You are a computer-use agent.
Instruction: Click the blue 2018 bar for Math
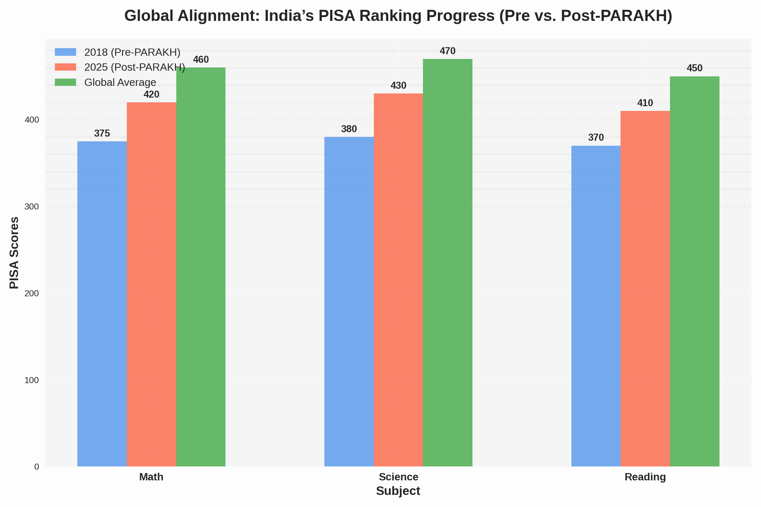click(x=102, y=304)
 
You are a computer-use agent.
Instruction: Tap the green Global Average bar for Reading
click(x=694, y=272)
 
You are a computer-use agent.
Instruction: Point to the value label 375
click(x=102, y=133)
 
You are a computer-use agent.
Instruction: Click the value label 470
click(x=447, y=51)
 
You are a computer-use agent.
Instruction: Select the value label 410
click(x=645, y=103)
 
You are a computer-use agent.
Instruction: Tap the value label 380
click(x=349, y=129)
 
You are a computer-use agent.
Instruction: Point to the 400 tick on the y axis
click(x=32, y=120)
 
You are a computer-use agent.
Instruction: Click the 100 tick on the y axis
click(x=32, y=380)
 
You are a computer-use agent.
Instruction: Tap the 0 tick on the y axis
click(x=36, y=467)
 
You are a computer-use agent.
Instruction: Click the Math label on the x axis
click(x=151, y=477)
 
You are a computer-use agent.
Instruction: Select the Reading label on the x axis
click(x=645, y=477)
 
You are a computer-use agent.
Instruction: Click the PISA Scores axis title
click(x=14, y=253)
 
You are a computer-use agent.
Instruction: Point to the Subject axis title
click(x=398, y=491)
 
